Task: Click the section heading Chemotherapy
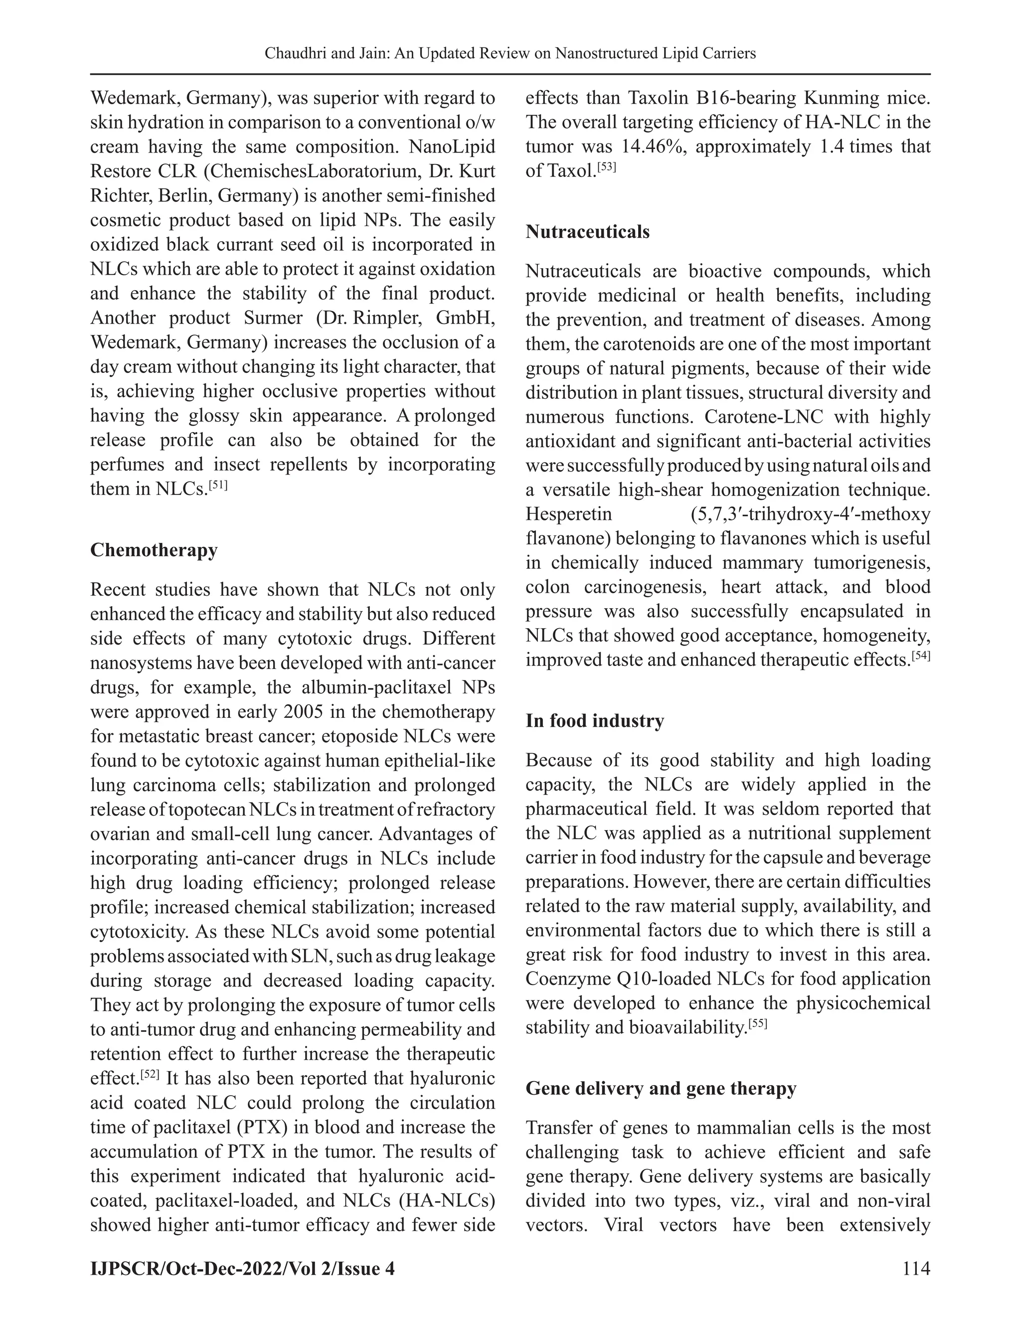click(154, 550)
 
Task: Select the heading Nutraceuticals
click(587, 232)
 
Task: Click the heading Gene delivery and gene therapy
click(661, 1088)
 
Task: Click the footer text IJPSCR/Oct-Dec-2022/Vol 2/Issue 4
click(242, 1268)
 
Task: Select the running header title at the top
click(510, 54)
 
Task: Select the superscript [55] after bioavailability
click(757, 1023)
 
